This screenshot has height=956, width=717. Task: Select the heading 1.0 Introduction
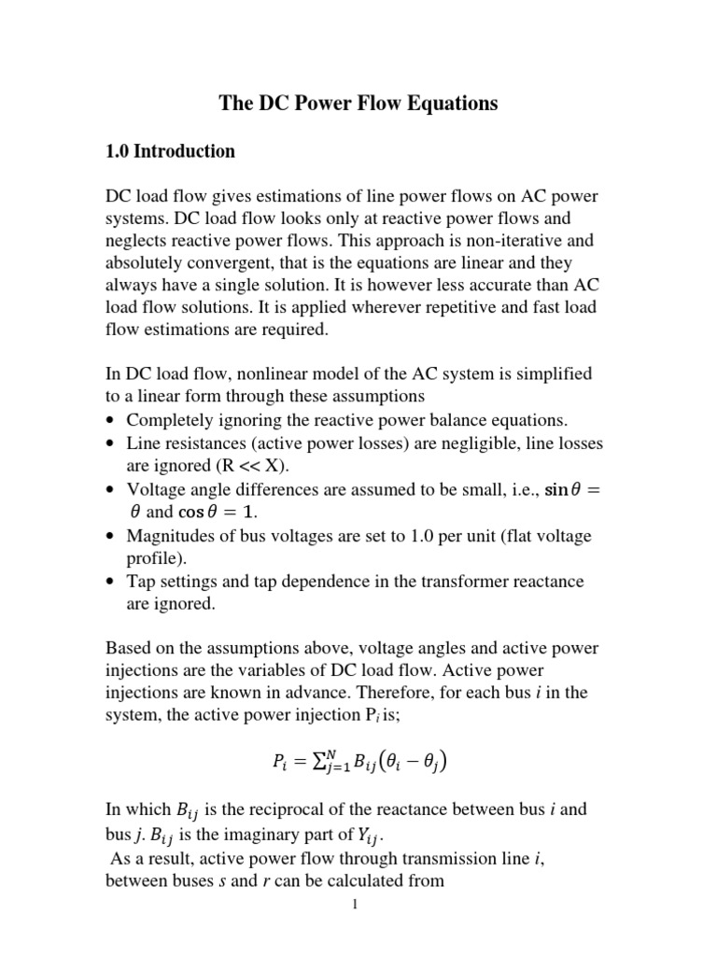coord(170,151)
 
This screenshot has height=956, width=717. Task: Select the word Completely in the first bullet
coord(167,419)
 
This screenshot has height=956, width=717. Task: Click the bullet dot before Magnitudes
coord(111,536)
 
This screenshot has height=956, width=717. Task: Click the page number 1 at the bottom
coord(357,903)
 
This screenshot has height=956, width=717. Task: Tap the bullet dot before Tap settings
coord(111,582)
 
